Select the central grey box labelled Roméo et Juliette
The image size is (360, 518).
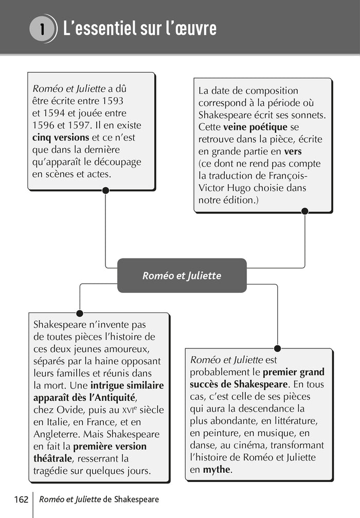182,275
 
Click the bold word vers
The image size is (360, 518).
293,152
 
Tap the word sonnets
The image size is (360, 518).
309,115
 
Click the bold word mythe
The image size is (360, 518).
217,470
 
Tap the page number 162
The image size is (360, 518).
21,499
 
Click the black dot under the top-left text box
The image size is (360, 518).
105,190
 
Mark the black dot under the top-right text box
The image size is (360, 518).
304,211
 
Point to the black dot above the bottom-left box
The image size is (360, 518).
80,313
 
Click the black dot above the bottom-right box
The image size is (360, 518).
277,348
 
